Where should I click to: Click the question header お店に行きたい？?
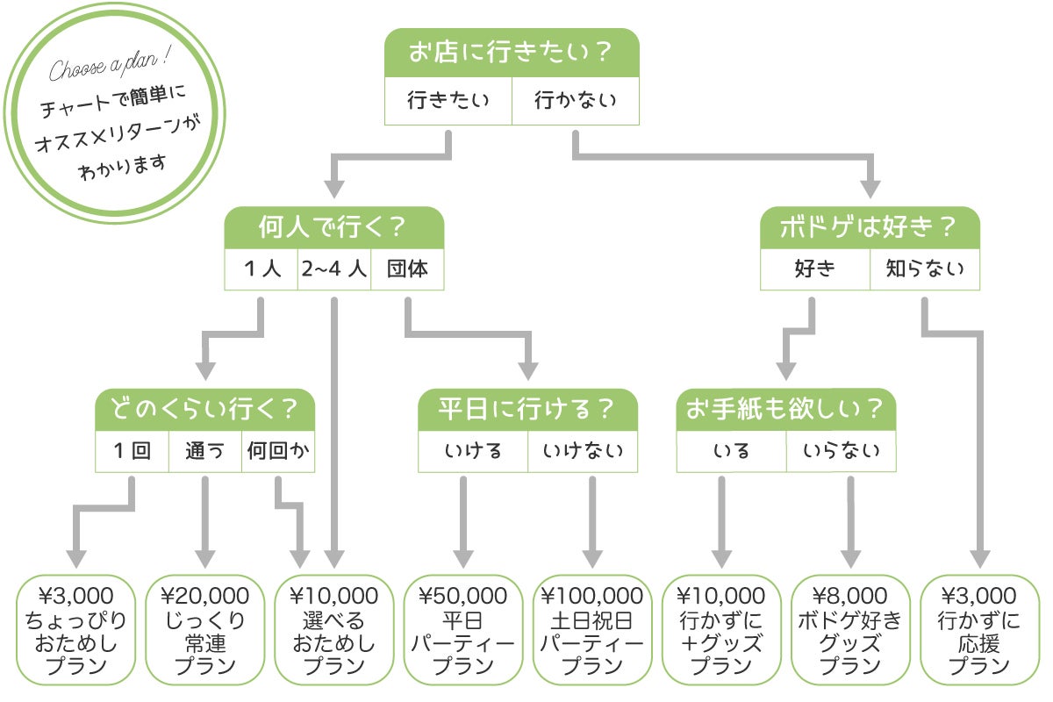click(x=512, y=54)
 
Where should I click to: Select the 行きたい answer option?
click(x=448, y=100)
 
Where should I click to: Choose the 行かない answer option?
click(x=576, y=100)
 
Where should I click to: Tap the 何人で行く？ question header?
click(x=333, y=227)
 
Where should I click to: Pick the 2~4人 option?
click(x=333, y=269)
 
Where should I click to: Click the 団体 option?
click(x=407, y=269)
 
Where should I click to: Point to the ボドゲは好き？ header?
click(x=869, y=227)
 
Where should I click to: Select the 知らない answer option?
click(x=924, y=269)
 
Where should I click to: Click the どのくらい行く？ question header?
click(x=204, y=409)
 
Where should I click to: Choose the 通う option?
click(x=204, y=451)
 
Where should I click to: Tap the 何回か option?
click(x=277, y=451)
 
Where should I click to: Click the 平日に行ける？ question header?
click(x=527, y=409)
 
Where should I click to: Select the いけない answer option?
click(x=583, y=451)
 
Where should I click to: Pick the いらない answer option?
click(x=841, y=451)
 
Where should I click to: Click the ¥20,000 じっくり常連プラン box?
click(x=205, y=630)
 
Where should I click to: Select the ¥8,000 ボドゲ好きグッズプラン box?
click(x=849, y=630)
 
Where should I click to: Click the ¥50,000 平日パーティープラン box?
click(x=463, y=630)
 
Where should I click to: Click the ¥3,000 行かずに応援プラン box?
click(x=978, y=630)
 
